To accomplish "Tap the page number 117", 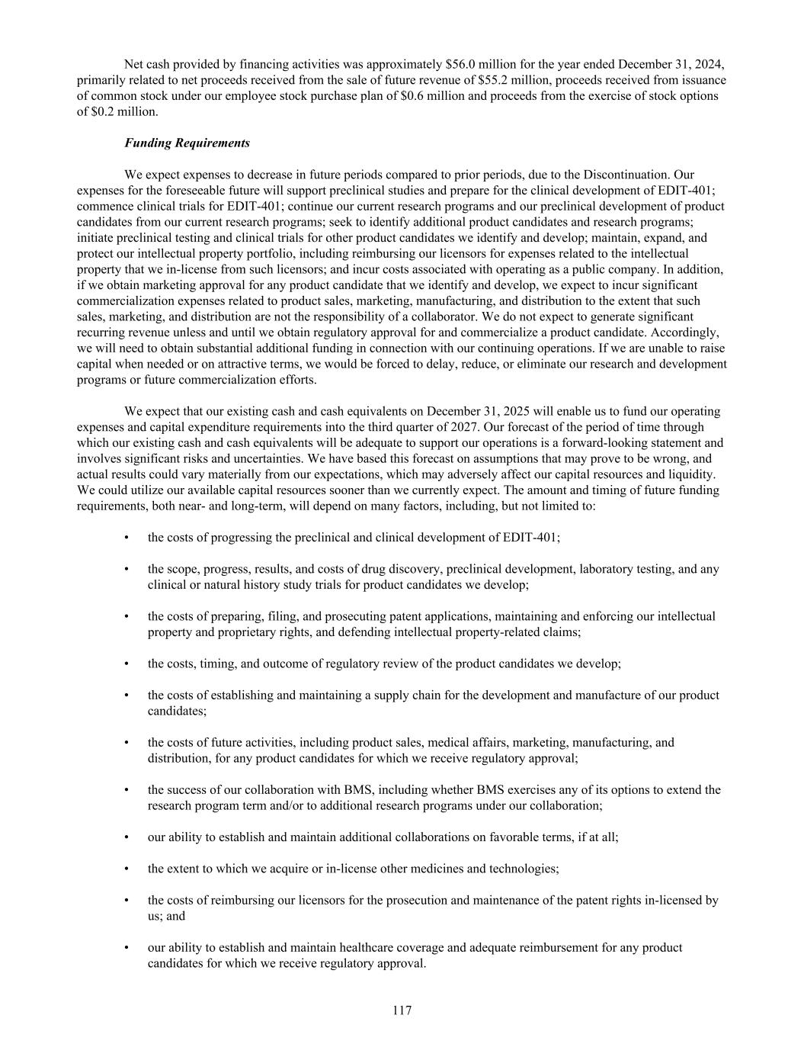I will point(402,1010).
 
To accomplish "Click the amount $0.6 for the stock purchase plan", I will point(415,95).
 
